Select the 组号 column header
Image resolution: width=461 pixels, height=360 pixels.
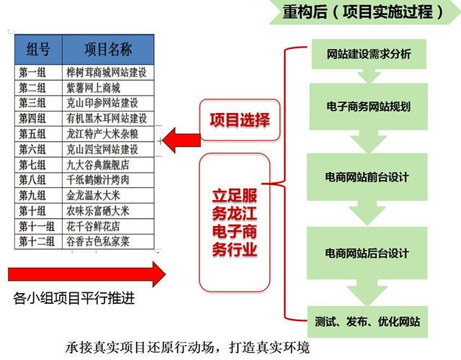tap(38, 49)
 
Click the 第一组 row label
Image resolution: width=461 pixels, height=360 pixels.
tap(38, 72)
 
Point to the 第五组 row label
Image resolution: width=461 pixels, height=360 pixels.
tap(38, 134)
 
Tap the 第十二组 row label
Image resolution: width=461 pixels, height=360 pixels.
tap(38, 241)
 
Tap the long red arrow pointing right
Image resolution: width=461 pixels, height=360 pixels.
tap(86, 274)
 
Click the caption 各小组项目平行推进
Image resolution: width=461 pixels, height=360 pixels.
tap(74, 297)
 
